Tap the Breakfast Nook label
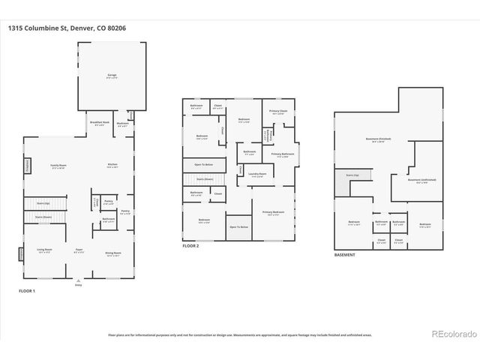click(100, 123)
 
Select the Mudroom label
click(122, 124)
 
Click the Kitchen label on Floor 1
click(112, 165)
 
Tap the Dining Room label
click(113, 254)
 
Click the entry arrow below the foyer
click(78, 283)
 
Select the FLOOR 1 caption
click(27, 290)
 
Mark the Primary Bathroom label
click(282, 154)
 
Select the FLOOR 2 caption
click(192, 246)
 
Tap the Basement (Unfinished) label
click(421, 180)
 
